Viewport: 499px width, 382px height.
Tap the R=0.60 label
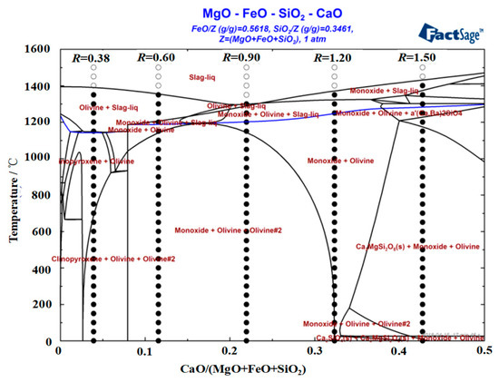155,58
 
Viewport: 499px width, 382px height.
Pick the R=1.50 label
418,58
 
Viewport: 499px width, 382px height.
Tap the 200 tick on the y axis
44,305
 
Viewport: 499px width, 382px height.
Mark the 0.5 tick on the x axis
484,351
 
